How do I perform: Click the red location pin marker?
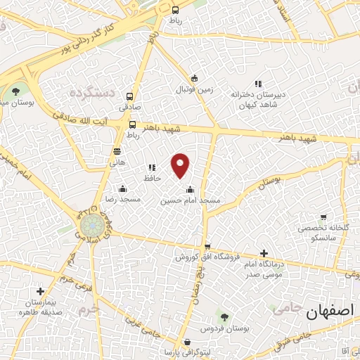pos(181,165)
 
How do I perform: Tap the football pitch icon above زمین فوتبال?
pos(194,78)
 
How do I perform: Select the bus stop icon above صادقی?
pos(129,96)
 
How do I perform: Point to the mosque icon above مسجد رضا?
pos(123,188)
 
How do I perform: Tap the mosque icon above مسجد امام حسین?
pos(190,188)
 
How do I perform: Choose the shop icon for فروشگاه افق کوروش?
pos(207,246)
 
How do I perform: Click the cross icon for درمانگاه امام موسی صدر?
pos(263,253)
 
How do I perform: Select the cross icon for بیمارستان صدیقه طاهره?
pos(40,291)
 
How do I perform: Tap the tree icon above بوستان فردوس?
pos(224,317)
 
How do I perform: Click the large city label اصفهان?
pos(331,311)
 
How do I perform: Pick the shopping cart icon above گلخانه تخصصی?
pos(323,218)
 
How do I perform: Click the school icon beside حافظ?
pos(150,168)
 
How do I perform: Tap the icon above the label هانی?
pos(116,150)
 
